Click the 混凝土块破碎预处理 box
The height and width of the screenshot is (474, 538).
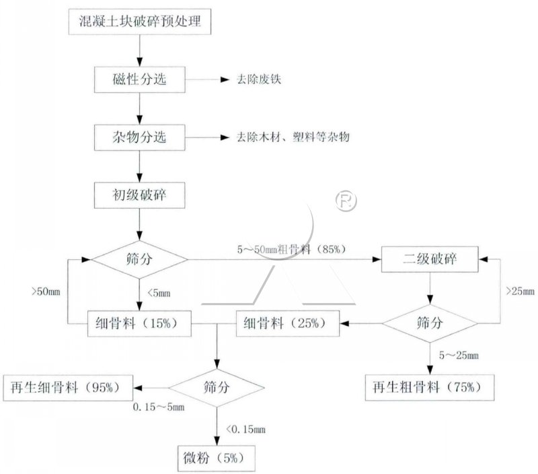click(x=139, y=24)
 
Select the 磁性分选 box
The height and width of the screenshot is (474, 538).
click(x=139, y=80)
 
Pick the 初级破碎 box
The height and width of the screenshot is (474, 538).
click(x=139, y=195)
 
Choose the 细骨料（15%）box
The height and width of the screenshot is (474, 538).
click(x=139, y=323)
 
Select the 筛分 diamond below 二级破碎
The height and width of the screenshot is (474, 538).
click(x=430, y=323)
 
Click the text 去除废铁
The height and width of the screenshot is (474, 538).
click(x=253, y=80)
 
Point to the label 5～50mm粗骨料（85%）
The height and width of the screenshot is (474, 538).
click(x=291, y=249)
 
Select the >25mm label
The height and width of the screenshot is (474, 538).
click(x=519, y=292)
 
